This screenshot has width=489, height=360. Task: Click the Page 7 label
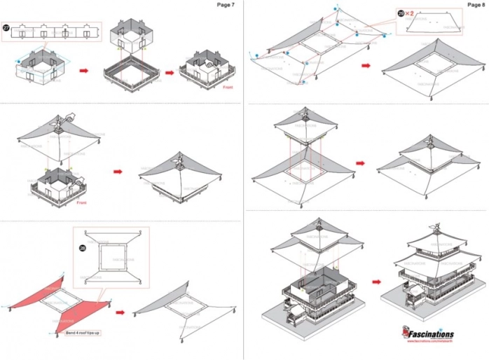tap(225, 5)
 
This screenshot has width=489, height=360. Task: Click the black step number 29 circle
tap(401, 13)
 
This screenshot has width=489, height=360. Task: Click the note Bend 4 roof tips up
tap(83, 333)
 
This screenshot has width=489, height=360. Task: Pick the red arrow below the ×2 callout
tap(366, 67)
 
